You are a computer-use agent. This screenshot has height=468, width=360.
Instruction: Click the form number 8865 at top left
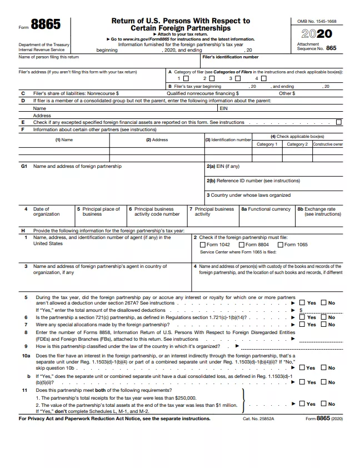point(46,25)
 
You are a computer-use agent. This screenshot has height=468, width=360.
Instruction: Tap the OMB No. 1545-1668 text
point(317,21)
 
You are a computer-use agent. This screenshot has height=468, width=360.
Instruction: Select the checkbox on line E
point(339,122)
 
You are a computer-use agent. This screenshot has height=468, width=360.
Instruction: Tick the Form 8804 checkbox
point(242,245)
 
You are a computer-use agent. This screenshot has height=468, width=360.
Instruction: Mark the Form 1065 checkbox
point(281,245)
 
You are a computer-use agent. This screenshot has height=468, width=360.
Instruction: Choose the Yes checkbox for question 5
point(303,303)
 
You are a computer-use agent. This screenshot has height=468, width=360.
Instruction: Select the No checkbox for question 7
point(324,324)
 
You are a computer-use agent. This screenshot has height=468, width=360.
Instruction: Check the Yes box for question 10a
point(302,367)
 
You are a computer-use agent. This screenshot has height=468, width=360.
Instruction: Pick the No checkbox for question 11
point(324,404)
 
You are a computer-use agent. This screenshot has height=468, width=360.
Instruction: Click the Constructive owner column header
point(328,144)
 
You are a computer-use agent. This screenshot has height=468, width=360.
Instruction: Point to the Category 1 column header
point(266,144)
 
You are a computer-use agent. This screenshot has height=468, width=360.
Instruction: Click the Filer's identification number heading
point(230,57)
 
